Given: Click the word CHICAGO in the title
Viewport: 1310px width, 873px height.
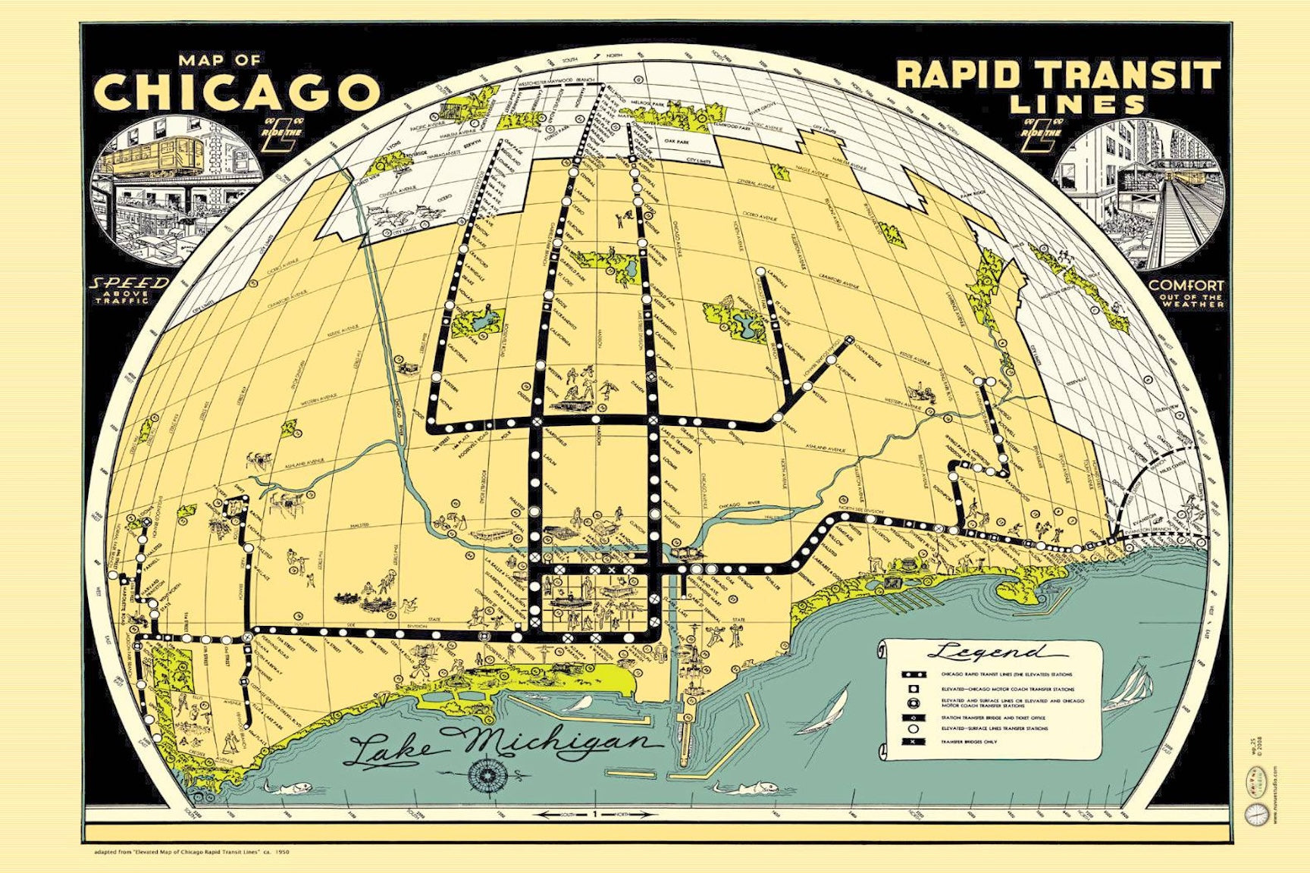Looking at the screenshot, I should click(236, 92).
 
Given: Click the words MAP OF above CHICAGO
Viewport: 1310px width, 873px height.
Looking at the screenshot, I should click(220, 60).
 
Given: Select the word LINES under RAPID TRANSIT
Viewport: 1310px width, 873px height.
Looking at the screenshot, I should click(1077, 104).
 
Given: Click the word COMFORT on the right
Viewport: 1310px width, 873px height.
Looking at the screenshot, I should click(1186, 286).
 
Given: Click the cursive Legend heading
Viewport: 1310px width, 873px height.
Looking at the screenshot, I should click(993, 652).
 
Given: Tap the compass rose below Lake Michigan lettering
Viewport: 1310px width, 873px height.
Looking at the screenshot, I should click(484, 773).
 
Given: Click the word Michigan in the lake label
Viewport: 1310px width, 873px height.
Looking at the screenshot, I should click(561, 745).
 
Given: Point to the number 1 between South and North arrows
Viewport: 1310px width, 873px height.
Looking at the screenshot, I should click(595, 815).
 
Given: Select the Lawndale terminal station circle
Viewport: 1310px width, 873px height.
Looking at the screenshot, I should click(760, 271).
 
